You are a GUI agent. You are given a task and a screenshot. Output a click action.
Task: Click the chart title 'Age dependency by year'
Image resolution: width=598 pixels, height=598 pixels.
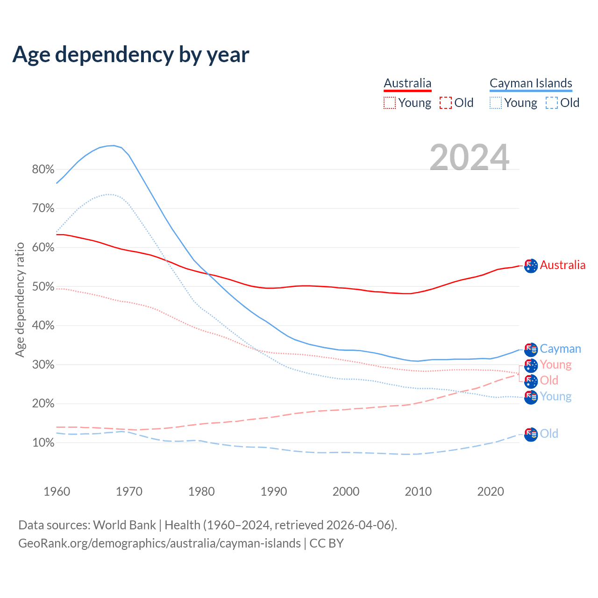click(131, 54)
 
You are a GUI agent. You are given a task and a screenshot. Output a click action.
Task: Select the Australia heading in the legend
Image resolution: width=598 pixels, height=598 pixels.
click(407, 83)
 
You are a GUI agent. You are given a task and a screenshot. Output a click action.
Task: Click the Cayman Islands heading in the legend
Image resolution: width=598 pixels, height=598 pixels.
click(531, 83)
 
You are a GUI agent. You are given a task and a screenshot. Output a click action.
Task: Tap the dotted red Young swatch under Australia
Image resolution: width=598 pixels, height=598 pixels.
click(390, 103)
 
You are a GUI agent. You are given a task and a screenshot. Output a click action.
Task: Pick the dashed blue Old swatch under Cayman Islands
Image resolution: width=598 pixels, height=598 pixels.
click(552, 103)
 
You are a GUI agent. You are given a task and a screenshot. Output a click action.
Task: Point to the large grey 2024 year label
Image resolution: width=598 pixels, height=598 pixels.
click(469, 158)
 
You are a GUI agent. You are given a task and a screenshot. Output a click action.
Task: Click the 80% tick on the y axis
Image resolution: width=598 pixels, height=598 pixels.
click(43, 169)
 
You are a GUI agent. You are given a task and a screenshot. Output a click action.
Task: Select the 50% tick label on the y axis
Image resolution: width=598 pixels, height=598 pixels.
click(43, 286)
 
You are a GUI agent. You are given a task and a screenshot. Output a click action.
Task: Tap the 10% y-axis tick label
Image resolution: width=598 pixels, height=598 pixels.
click(43, 442)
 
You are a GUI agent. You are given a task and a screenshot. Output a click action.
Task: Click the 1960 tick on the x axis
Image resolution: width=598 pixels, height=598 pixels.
click(57, 491)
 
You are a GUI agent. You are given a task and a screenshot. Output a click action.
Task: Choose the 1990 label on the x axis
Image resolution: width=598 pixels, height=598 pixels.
click(274, 491)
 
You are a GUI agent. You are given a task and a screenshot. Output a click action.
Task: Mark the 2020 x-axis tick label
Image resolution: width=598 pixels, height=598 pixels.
click(491, 491)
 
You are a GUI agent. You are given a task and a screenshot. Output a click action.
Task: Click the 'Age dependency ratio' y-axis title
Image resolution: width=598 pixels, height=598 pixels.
click(20, 299)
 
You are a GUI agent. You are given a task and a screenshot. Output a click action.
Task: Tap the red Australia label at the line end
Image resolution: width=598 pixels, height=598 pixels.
click(562, 265)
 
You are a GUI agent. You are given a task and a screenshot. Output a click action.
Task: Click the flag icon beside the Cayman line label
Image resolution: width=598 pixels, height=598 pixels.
click(531, 349)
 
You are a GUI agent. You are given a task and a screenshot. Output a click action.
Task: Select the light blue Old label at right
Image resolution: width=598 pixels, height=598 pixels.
click(549, 434)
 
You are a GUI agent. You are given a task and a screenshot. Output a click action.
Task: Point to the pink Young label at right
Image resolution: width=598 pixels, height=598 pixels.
click(555, 365)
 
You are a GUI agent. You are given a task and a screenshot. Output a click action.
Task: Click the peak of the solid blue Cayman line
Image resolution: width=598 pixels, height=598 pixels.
click(113, 145)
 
